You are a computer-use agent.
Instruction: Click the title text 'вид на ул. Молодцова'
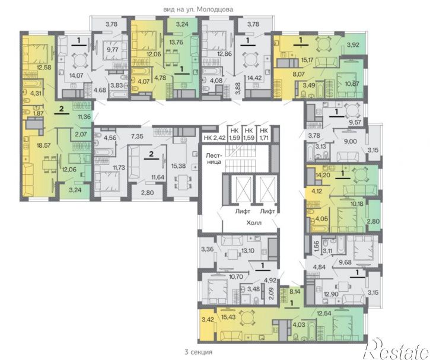coord(198,9)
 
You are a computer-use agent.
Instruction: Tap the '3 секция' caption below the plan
coord(199,352)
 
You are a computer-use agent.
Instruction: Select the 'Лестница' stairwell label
coord(214,158)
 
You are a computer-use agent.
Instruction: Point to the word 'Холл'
coord(254,222)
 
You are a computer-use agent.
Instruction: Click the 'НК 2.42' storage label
coord(215,138)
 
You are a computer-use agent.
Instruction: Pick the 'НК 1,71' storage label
coord(264,134)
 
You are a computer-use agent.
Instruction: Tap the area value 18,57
coord(44,145)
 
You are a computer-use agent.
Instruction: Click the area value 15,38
coord(179,165)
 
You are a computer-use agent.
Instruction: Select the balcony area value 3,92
coord(353,44)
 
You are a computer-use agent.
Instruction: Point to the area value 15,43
coord(228,317)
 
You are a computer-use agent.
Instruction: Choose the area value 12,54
coord(324,313)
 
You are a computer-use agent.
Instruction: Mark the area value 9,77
coord(112,50)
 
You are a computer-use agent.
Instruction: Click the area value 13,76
coord(176,42)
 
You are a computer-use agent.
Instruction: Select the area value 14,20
coord(323,174)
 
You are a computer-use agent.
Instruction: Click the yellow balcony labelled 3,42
coord(207,325)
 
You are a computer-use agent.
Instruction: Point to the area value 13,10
coord(248,250)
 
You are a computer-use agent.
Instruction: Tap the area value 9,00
coord(350,141)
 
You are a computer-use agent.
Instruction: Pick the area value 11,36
coord(84,116)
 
